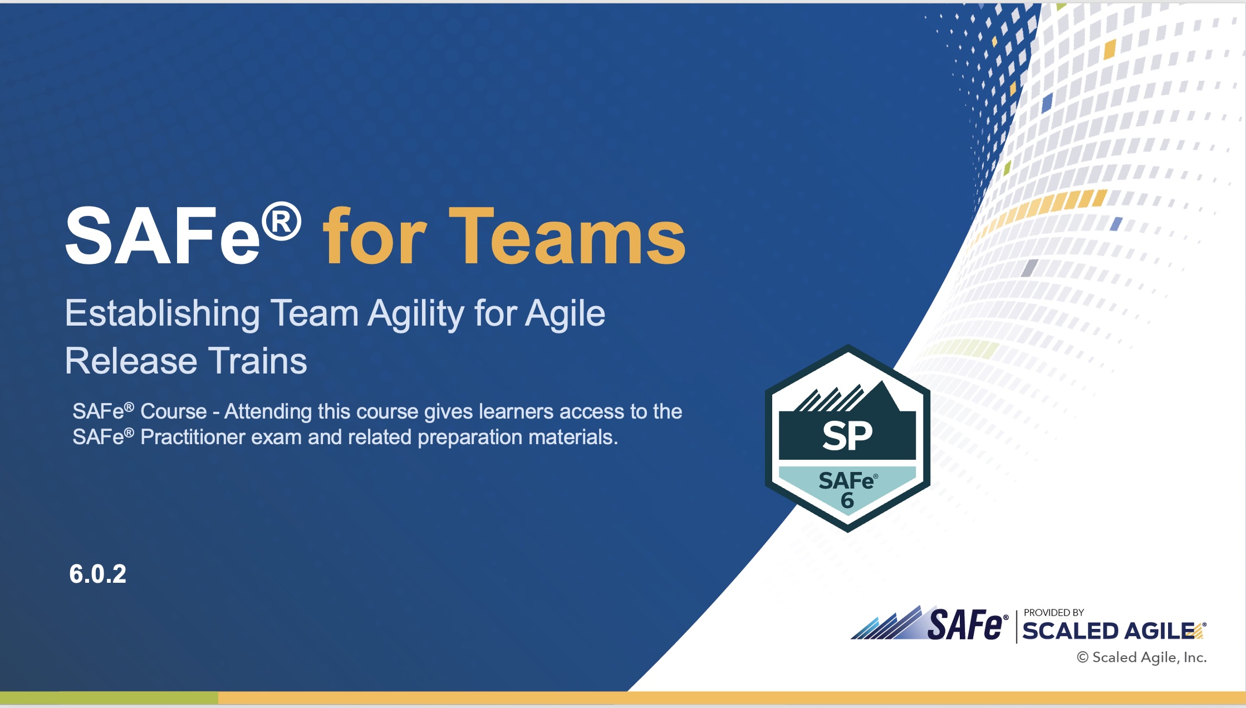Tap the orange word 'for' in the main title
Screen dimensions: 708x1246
pos(375,236)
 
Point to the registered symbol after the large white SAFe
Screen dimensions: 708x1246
pos(282,222)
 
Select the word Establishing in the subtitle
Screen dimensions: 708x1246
pos(162,313)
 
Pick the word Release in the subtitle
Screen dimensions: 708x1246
pos(131,361)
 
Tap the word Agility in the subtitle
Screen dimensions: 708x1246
pos(415,313)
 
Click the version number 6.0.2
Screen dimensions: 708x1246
pos(98,574)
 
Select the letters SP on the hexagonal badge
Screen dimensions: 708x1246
pos(847,436)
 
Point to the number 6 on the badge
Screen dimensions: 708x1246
pos(847,500)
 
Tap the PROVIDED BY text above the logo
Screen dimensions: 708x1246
pos(1054,612)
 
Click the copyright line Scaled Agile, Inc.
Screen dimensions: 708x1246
pos(1142,657)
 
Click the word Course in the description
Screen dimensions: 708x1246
pos(173,411)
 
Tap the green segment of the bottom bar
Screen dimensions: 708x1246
pos(109,697)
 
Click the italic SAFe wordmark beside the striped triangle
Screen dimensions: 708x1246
pos(964,625)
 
